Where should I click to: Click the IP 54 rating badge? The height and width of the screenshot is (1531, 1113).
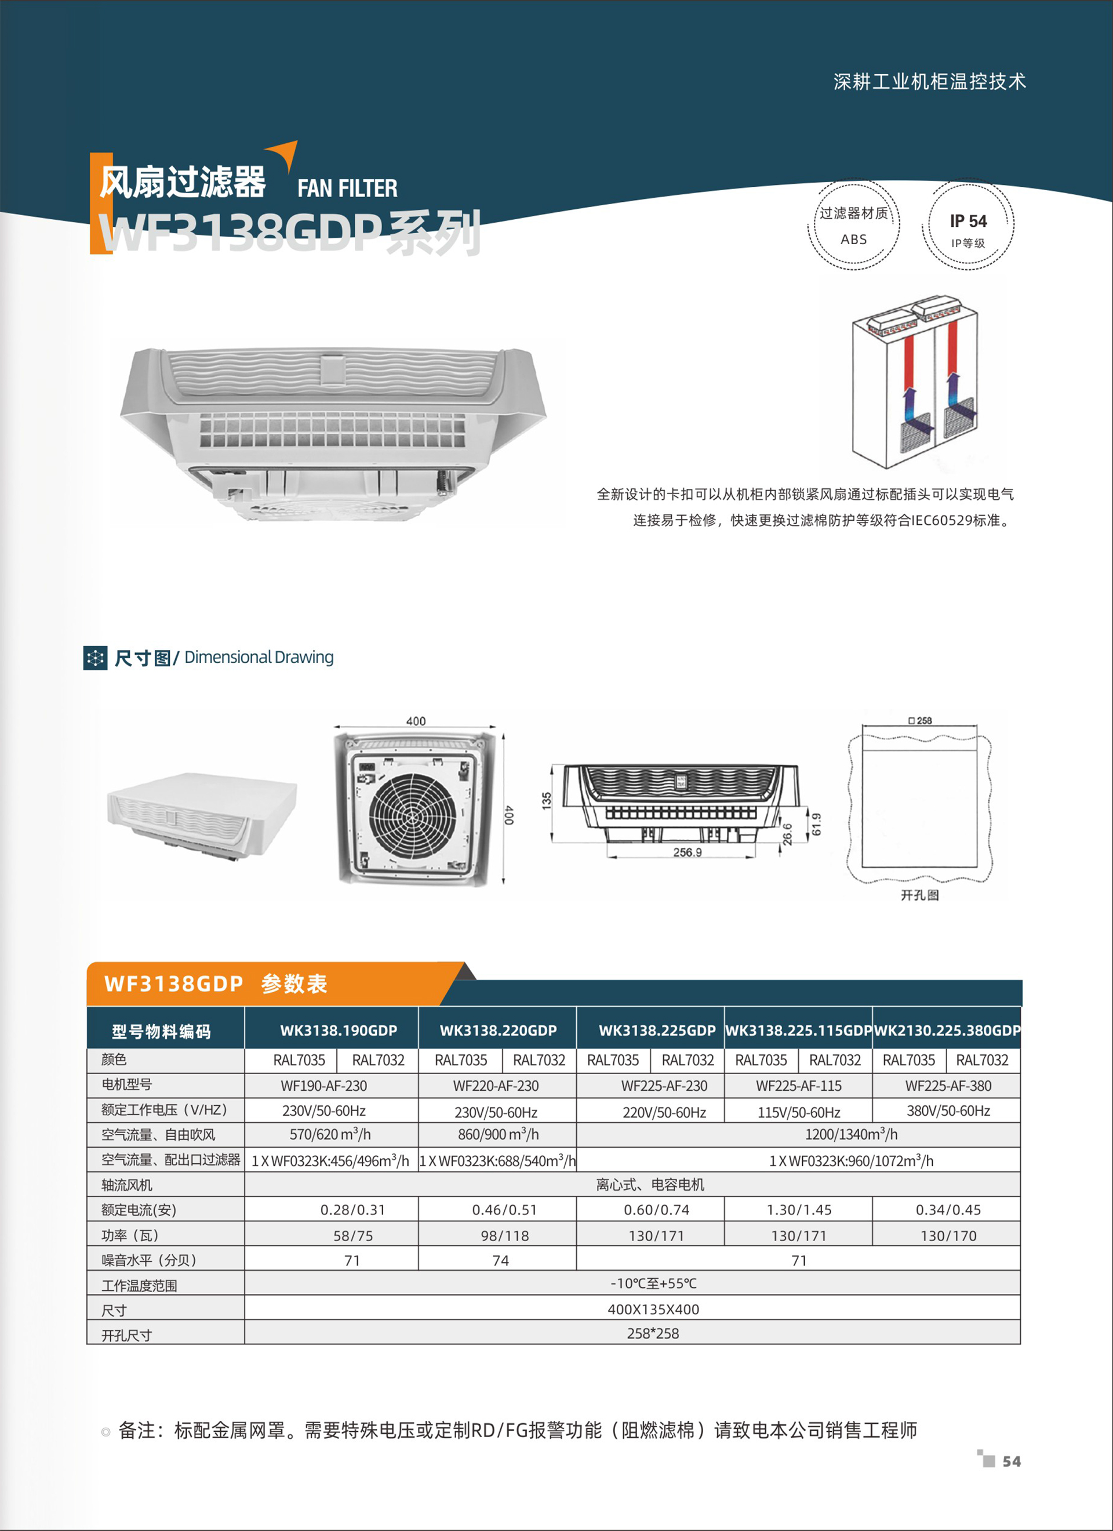pyautogui.click(x=968, y=226)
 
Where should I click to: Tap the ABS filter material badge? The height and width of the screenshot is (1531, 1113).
pyautogui.click(x=853, y=226)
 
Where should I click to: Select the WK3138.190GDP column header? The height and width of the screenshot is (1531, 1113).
pyautogui.click(x=338, y=1030)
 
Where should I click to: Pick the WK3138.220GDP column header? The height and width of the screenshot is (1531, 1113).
pyautogui.click(x=498, y=1030)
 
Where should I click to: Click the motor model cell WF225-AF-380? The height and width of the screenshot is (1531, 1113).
pyautogui.click(x=948, y=1086)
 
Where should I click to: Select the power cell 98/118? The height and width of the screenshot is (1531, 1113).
pyautogui.click(x=500, y=1235)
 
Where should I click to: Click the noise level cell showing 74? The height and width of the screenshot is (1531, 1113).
pyautogui.click(x=500, y=1260)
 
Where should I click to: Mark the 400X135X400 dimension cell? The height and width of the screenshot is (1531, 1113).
pyautogui.click(x=653, y=1309)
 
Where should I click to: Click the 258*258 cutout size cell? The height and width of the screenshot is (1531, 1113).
pyautogui.click(x=653, y=1333)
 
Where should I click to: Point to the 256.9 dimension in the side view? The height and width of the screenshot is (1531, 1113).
pyautogui.click(x=687, y=852)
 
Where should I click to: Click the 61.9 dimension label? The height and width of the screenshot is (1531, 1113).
pyautogui.click(x=817, y=824)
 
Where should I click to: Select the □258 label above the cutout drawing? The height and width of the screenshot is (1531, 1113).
pyautogui.click(x=920, y=721)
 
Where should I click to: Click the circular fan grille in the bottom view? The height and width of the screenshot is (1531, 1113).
pyautogui.click(x=412, y=816)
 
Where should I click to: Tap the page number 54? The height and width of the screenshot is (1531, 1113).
pyautogui.click(x=1011, y=1461)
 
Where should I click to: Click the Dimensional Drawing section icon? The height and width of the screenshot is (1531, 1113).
pyautogui.click(x=95, y=658)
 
